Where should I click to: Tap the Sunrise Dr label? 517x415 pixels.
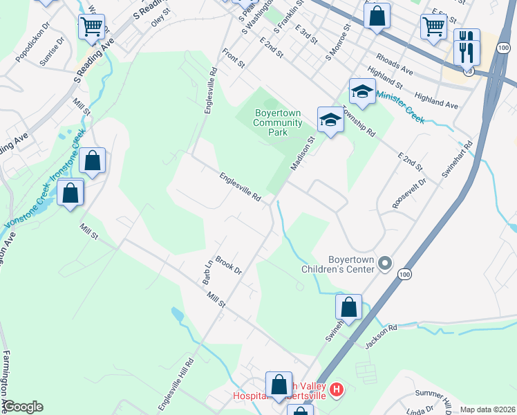coord(52,52)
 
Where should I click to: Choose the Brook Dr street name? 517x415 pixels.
coord(227,266)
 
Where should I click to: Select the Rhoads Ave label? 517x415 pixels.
coord(394,66)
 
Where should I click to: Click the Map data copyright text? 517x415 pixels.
coord(488,409)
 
